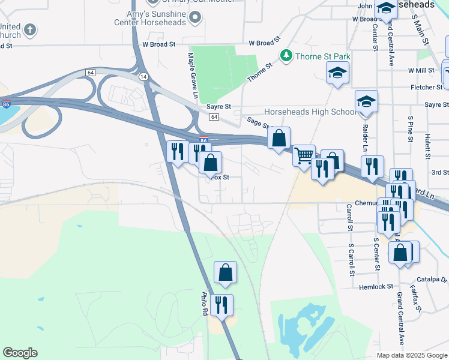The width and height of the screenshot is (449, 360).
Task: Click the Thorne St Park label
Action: pyautogui.click(x=322, y=56)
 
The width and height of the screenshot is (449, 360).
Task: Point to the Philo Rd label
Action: pyautogui.click(x=204, y=304)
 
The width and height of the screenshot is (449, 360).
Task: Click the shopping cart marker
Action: pyautogui.click(x=304, y=155)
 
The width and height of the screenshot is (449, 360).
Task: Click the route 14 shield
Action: pyautogui.click(x=143, y=77)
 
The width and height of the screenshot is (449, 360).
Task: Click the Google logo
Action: pyautogui.click(x=20, y=353)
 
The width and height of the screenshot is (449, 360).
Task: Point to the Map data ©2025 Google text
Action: pyautogui.click(x=412, y=355)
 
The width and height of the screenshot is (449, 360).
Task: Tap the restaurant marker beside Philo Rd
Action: pyautogui.click(x=221, y=305)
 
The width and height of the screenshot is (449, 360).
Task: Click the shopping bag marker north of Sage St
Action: pyautogui.click(x=279, y=139)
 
